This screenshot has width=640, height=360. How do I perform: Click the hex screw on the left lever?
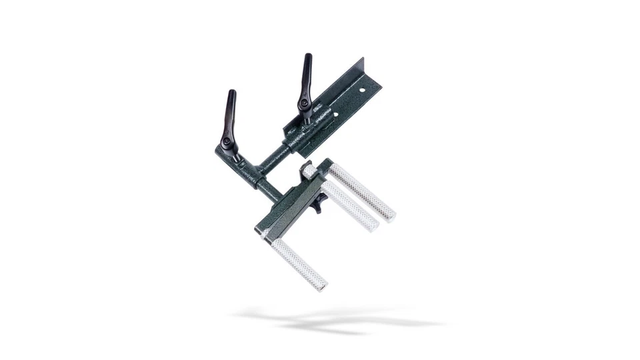coord(227,142)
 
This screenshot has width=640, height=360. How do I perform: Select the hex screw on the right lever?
coord(304,103)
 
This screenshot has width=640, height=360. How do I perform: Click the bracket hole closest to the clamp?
coord(335,115)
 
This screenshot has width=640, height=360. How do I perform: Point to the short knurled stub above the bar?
coord(310,172)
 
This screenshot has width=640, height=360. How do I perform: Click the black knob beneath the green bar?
coord(318,203)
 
